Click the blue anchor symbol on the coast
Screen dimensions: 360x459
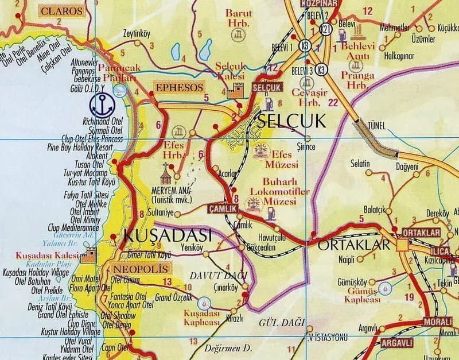103,104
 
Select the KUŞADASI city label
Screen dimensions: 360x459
168,235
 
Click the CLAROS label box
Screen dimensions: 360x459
62,10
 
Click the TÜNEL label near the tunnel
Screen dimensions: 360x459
365,123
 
